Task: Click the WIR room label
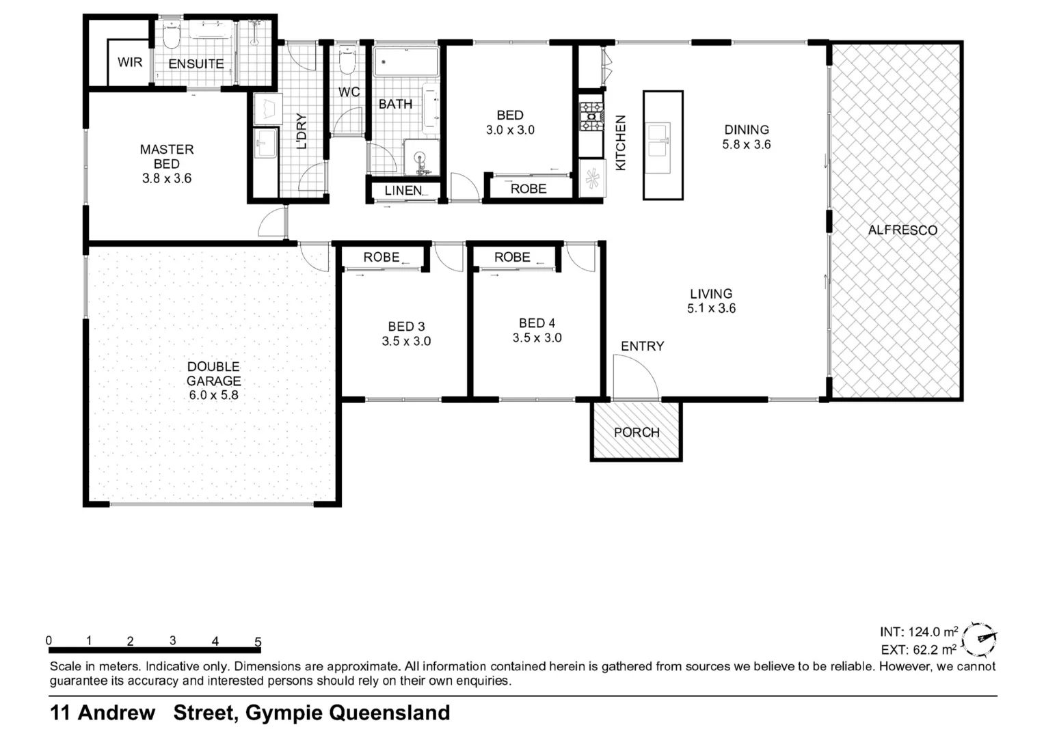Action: click(130, 62)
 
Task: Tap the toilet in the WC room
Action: click(347, 61)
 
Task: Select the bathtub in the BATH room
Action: click(406, 62)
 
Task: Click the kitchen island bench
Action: click(662, 145)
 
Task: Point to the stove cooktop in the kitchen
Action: click(591, 117)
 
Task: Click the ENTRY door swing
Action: click(636, 379)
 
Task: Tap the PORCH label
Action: click(637, 433)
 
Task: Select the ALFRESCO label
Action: click(902, 230)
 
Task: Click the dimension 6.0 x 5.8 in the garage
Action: click(213, 395)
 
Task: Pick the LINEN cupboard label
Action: click(403, 191)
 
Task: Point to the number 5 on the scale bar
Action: click(258, 642)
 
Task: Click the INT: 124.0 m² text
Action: click(918, 632)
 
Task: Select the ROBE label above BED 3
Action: click(381, 257)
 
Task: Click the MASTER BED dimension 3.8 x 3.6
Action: click(167, 178)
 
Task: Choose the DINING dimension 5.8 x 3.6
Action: click(746, 144)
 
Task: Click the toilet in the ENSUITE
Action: click(171, 36)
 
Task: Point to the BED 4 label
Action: click(537, 323)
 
